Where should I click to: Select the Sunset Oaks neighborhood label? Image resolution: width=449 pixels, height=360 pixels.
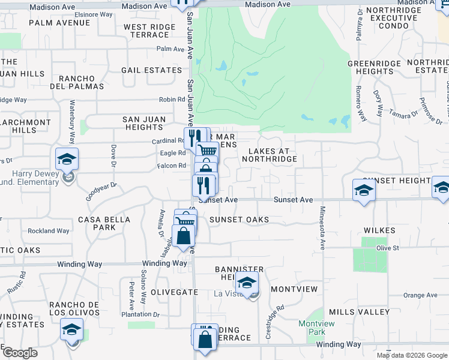[x=239, y=220]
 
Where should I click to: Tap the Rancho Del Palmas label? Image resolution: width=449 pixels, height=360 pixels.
[x=77, y=83]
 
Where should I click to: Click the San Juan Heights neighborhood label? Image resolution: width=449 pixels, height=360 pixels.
[x=143, y=123]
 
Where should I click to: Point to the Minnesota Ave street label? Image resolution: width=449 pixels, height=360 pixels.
[x=322, y=227]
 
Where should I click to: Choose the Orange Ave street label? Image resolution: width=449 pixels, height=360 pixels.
[x=420, y=295]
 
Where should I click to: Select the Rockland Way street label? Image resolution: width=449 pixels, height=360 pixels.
[x=49, y=231]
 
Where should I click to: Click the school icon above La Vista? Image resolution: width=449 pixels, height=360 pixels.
[x=247, y=281]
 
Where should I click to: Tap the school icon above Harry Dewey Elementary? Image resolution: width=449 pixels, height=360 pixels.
[x=67, y=159]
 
